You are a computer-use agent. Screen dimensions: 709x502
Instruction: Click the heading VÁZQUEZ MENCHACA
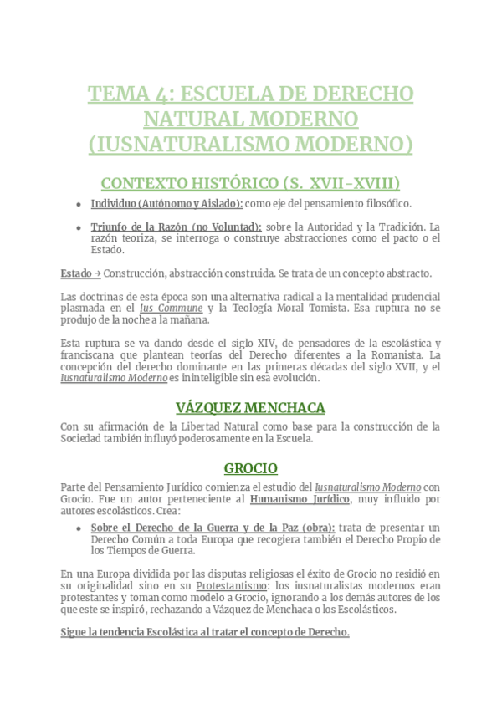coord(250,408)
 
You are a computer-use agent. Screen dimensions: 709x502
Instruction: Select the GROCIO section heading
coord(250,468)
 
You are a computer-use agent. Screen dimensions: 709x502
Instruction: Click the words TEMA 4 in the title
coord(129,94)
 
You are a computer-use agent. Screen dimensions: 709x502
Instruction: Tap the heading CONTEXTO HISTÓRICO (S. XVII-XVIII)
coord(250,183)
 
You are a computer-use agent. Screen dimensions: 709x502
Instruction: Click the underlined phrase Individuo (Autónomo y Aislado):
coord(167,203)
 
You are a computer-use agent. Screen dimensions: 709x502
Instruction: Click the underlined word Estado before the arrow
coord(76,273)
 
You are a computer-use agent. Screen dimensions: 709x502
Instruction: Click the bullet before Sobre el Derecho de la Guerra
coord(78,528)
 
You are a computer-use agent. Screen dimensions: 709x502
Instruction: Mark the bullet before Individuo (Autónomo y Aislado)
coord(78,204)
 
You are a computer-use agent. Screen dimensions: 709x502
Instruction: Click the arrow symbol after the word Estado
coord(98,273)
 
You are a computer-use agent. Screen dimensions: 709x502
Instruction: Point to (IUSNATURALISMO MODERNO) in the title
coord(250,145)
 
